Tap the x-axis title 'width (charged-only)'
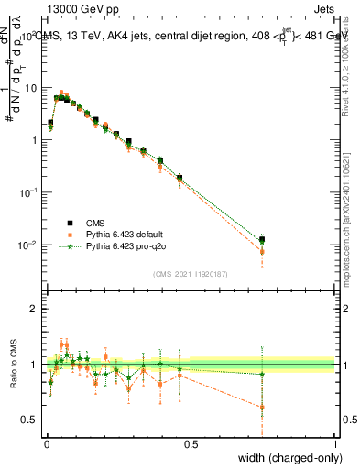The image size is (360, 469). click(x=285, y=457)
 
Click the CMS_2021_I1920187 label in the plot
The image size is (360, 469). click(x=190, y=273)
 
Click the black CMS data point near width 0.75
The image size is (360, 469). click(x=262, y=240)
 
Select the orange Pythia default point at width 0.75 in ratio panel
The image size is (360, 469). click(x=262, y=407)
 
